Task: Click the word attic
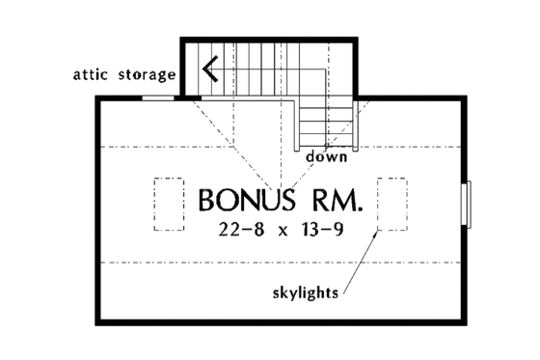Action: pyautogui.click(x=94, y=73)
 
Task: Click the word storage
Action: pyautogui.click(x=148, y=74)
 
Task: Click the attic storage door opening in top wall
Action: pyautogui.click(x=158, y=97)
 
